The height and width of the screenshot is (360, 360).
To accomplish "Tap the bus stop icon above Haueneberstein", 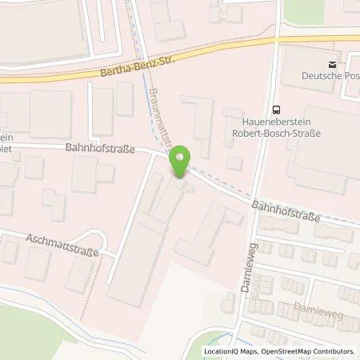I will coord(276,111).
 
